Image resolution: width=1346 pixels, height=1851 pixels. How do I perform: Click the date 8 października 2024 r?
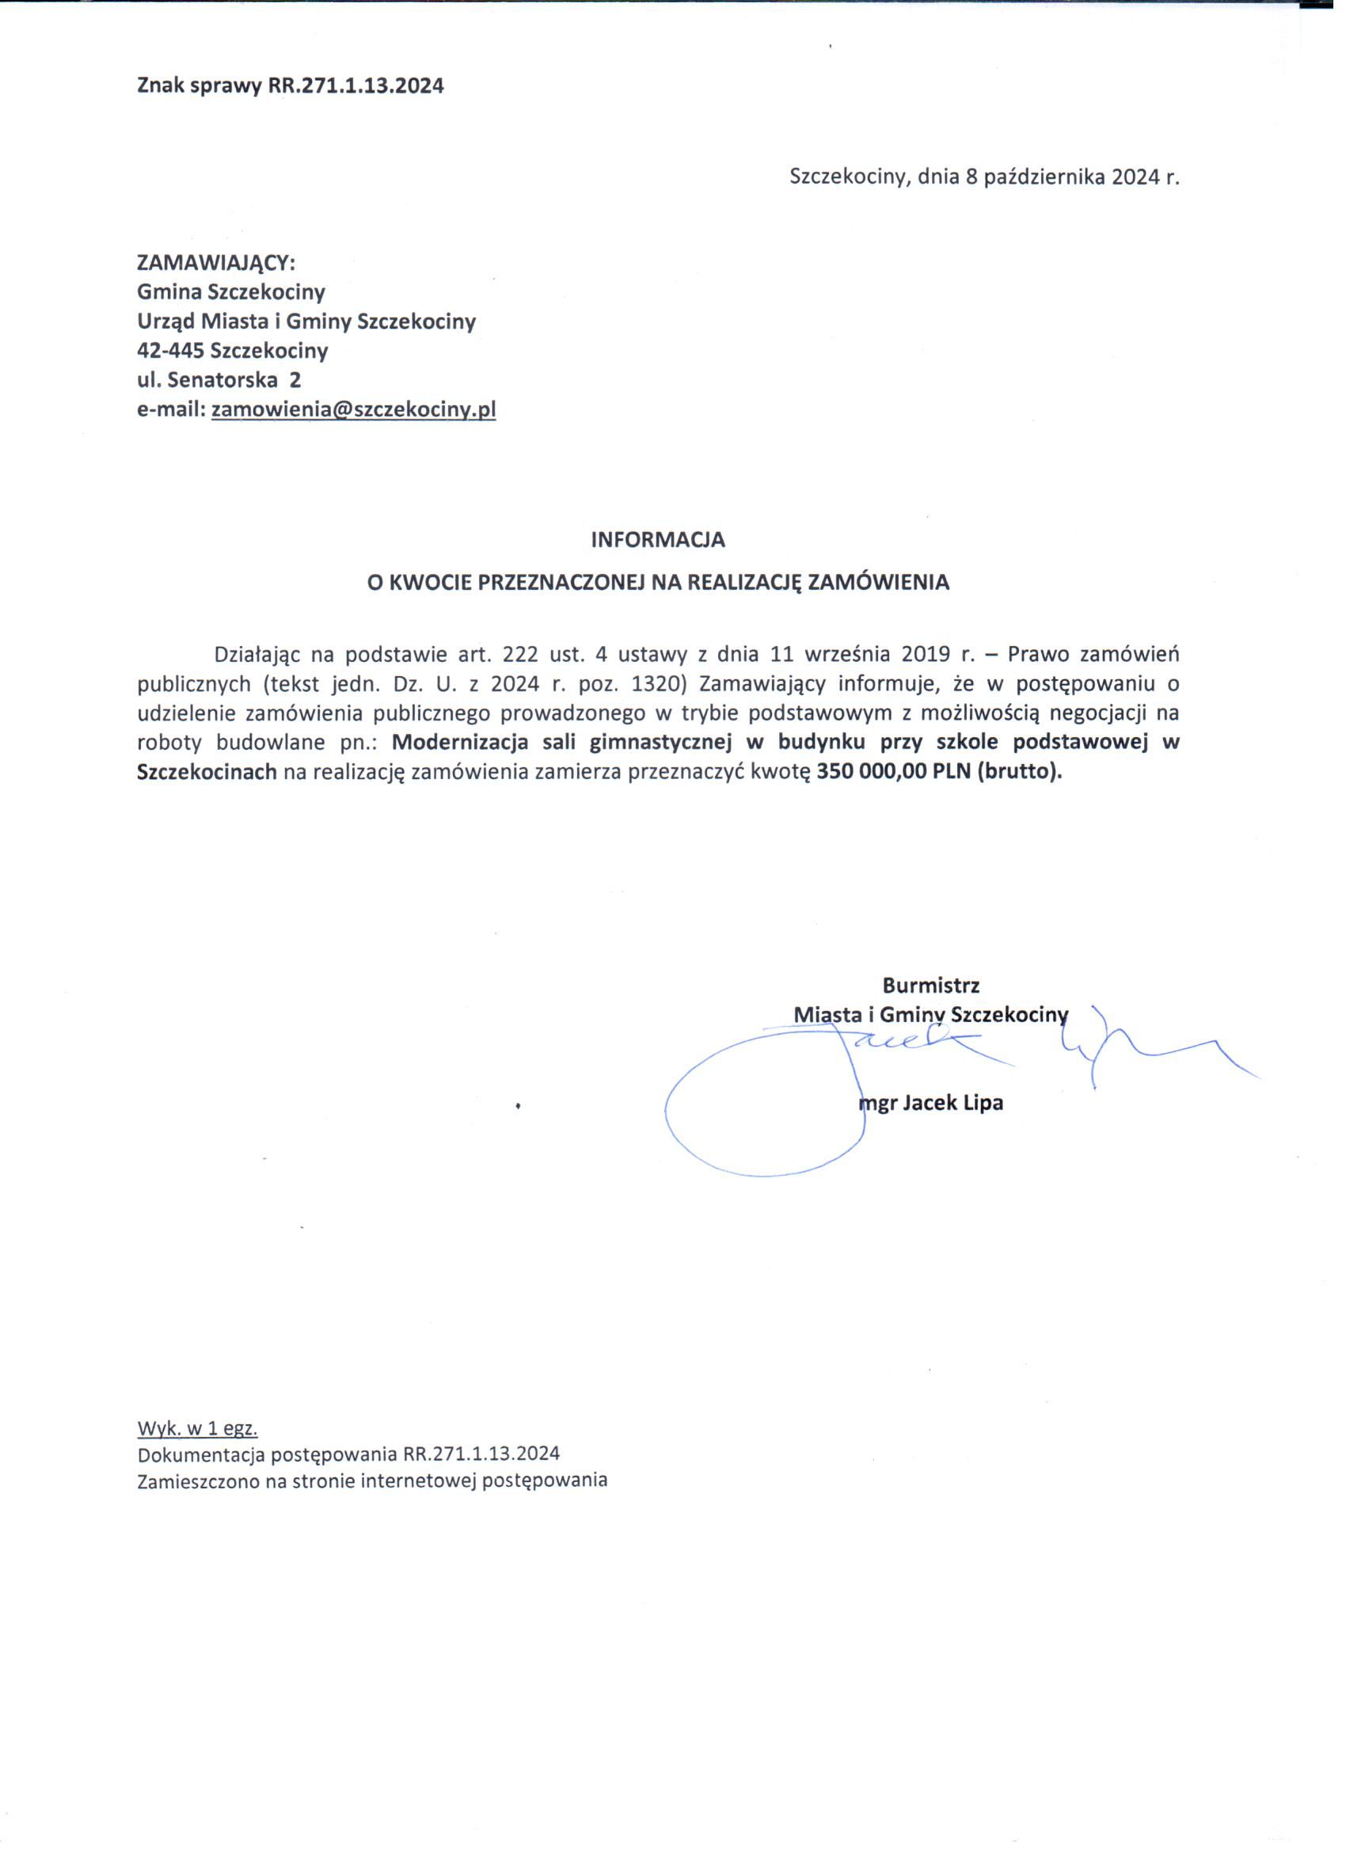[1073, 177]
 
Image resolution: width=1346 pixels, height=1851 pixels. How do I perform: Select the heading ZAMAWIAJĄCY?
[215, 263]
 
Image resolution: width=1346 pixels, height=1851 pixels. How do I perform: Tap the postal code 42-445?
[170, 352]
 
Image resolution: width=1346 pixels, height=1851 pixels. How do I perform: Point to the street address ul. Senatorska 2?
[219, 380]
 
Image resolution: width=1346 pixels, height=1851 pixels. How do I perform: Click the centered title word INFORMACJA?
[658, 539]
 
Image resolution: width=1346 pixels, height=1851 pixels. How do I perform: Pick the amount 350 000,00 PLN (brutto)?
[940, 771]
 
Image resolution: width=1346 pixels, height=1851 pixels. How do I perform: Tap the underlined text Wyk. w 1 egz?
[199, 1428]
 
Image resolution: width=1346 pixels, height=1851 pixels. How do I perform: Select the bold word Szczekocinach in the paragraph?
[207, 771]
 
